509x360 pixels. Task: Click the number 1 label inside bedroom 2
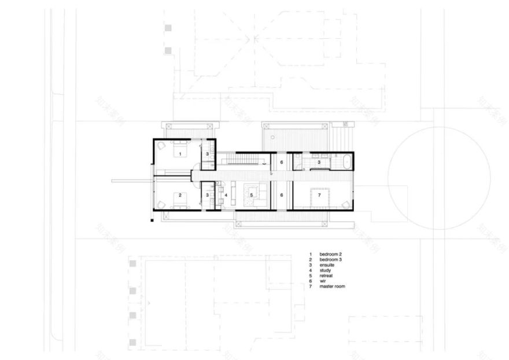click(x=180, y=153)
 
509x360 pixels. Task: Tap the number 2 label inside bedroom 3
click(x=180, y=195)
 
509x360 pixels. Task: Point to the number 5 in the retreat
click(x=252, y=195)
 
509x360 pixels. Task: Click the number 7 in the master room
click(x=318, y=195)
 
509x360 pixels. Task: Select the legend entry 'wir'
click(x=323, y=281)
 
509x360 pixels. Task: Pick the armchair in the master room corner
click(x=346, y=203)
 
